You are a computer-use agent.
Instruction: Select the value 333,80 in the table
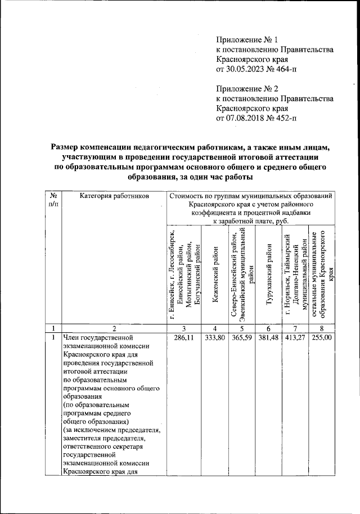[213, 338]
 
